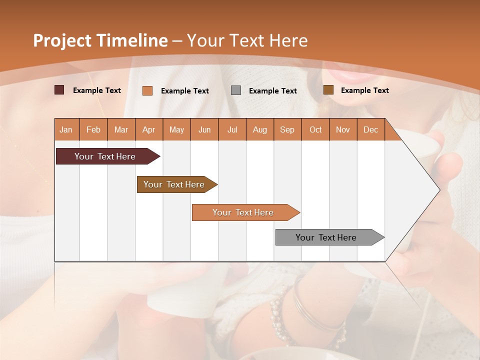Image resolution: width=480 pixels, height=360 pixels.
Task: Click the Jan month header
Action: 66,129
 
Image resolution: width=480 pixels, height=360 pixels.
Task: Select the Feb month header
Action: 93,129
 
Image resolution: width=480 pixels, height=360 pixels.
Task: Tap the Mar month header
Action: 121,129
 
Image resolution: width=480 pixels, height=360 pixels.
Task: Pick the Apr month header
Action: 149,129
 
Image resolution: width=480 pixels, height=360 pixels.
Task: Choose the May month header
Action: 176,129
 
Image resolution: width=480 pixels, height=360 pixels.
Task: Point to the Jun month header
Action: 204,129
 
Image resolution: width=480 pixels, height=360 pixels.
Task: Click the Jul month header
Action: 232,129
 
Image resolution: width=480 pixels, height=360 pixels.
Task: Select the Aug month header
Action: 260,129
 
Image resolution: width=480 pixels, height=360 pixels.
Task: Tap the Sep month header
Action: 287,129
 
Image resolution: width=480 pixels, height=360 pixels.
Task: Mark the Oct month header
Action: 315,129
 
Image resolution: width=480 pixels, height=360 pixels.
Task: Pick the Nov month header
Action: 343,129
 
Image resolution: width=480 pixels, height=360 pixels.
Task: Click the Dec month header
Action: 371,129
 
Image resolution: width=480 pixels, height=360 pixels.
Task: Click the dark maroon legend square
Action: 59,90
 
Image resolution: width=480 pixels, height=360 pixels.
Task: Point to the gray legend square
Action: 236,90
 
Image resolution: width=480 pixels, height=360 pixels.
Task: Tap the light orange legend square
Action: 147,90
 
